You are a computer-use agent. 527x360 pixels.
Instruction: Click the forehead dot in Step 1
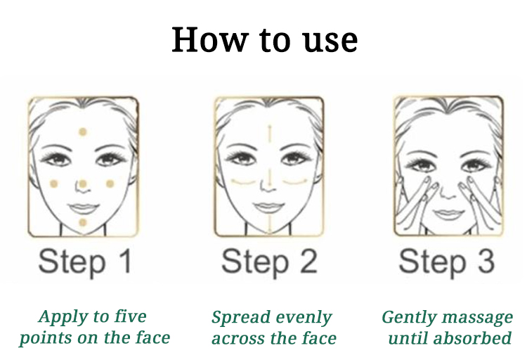[83, 132]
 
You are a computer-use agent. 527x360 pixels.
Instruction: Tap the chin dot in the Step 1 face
[83, 222]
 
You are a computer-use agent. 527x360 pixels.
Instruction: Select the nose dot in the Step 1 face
[83, 184]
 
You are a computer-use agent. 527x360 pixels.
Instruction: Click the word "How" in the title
[210, 39]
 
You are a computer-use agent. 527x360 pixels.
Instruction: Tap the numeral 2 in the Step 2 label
[308, 262]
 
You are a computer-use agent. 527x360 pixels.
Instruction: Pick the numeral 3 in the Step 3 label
[486, 262]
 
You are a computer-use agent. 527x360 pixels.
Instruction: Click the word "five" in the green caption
[130, 316]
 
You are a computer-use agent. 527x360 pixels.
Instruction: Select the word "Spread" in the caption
[241, 318]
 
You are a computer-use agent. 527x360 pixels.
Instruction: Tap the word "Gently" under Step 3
[409, 318]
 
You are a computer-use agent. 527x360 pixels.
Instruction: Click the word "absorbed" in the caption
[472, 337]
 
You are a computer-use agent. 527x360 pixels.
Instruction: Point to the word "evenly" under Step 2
[304, 318]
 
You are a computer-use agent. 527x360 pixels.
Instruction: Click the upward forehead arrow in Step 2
[269, 134]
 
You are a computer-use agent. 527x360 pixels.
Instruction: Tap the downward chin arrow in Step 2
[269, 223]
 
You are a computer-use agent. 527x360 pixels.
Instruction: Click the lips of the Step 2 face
[268, 207]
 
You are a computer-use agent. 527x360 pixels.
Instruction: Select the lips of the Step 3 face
[446, 214]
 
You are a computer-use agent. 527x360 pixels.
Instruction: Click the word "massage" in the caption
[477, 318]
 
